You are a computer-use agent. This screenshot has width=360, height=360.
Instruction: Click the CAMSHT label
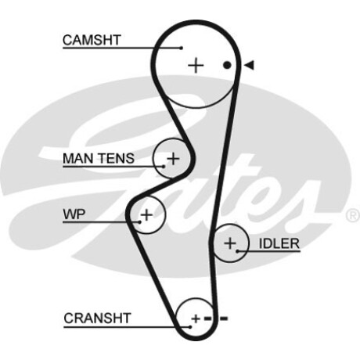(x=92, y=40)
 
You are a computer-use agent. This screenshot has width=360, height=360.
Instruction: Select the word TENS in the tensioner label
(x=116, y=158)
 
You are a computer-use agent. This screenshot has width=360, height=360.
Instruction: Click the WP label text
(x=74, y=214)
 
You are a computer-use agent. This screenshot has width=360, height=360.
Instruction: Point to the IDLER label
(x=279, y=243)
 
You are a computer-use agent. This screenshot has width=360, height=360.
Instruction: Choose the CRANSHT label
(x=97, y=319)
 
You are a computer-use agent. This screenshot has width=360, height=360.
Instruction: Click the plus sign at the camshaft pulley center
(x=196, y=65)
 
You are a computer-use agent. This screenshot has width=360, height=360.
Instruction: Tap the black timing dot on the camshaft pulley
(x=227, y=65)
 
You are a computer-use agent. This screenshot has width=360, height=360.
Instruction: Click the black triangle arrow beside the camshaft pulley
(x=249, y=65)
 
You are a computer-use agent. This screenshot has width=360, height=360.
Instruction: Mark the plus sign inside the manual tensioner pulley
(x=173, y=159)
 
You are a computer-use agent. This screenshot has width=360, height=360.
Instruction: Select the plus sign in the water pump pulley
(x=146, y=215)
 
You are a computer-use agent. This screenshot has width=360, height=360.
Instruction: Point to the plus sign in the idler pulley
(x=230, y=243)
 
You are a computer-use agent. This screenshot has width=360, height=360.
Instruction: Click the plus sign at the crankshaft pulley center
(x=196, y=319)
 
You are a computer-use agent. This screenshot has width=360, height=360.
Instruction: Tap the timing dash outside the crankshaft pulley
(x=224, y=319)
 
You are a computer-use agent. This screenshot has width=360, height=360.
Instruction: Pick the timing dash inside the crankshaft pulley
(x=208, y=319)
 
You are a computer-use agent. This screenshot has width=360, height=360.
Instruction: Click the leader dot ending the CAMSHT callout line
(x=182, y=48)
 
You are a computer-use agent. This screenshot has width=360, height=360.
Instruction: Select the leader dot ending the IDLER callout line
(x=238, y=251)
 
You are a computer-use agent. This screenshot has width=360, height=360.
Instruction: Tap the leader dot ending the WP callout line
(x=140, y=222)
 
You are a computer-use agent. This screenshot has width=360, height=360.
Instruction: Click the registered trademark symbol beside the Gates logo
(x=353, y=215)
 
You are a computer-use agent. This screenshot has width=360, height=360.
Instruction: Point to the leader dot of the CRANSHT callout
(x=190, y=327)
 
